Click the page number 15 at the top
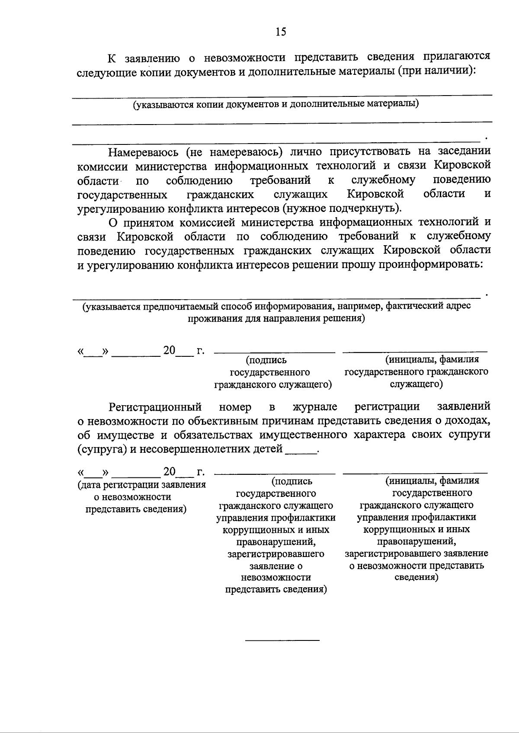click(280, 32)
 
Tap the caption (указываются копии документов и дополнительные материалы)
click(276, 104)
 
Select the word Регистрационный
click(155, 407)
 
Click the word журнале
click(314, 407)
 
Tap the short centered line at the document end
click(282, 640)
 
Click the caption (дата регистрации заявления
click(141, 485)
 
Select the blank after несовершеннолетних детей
click(301, 450)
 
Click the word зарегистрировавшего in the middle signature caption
click(276, 554)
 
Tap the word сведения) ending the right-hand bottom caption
click(416, 577)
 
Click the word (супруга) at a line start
click(102, 449)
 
